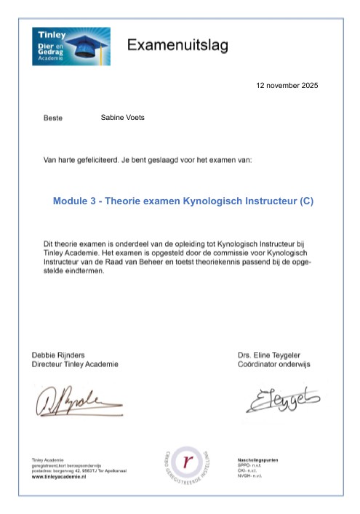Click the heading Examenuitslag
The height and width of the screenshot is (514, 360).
coord(177,46)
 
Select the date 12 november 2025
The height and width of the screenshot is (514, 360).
coord(287,86)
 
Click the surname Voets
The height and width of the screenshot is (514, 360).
coord(132,117)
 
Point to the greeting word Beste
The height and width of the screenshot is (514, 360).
coord(54,118)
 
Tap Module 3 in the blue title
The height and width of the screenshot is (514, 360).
coord(75,201)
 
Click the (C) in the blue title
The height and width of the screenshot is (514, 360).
coord(305,201)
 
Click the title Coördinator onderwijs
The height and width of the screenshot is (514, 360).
coord(273,364)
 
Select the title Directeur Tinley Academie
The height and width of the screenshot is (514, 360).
coord(75,364)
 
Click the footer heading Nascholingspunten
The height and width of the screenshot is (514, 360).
coord(258,460)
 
